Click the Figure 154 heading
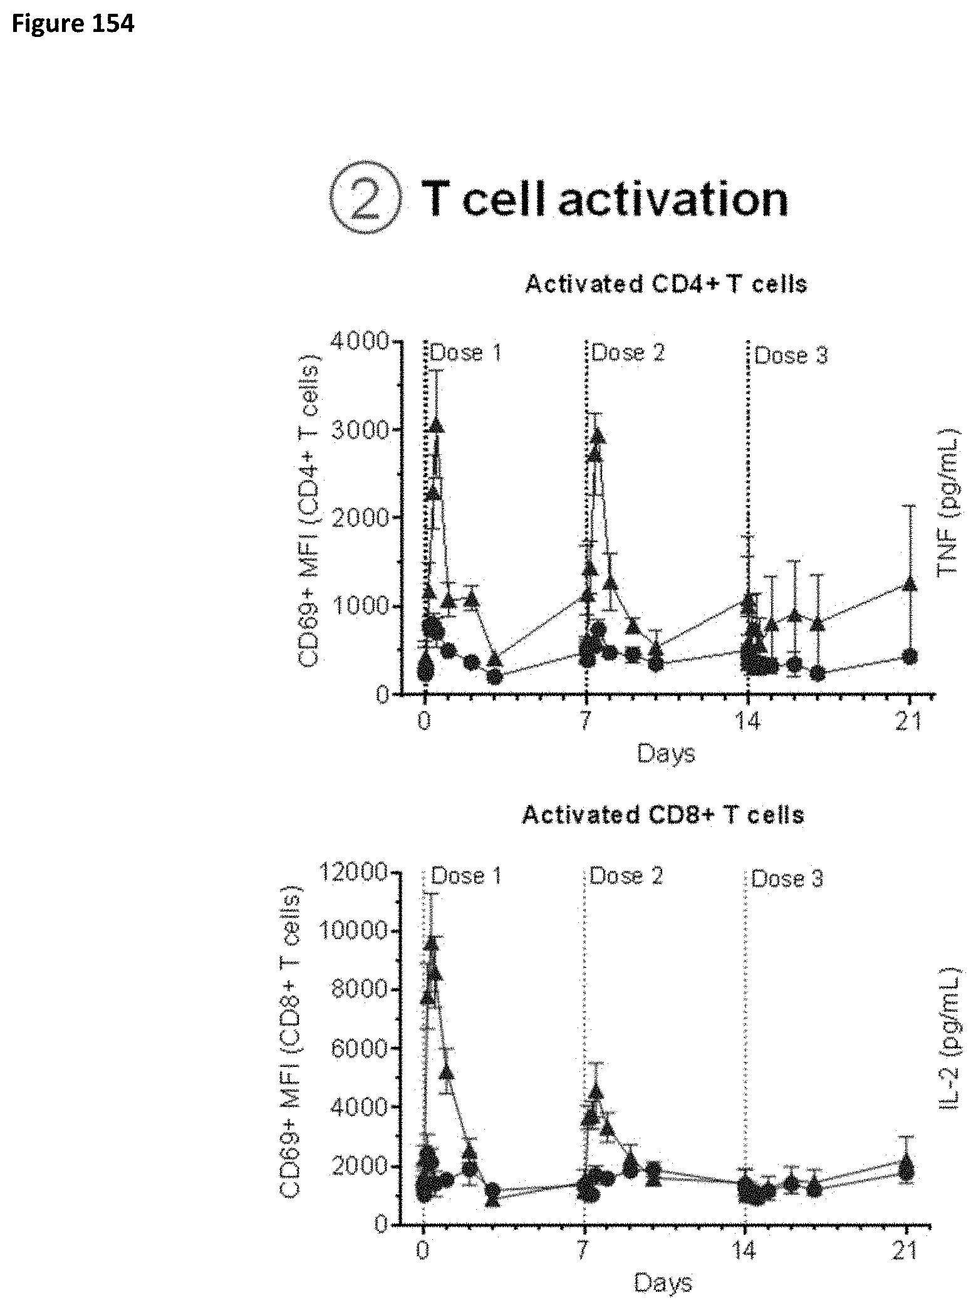73,24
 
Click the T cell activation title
605,200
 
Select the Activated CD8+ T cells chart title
663,814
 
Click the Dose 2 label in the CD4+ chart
628,353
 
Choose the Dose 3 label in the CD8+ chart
787,878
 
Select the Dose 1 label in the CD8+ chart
467,875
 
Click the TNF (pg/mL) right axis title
948,501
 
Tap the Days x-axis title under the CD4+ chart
666,752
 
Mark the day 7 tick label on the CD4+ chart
586,722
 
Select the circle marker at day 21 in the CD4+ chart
910,656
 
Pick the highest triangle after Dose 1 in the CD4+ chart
437,425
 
